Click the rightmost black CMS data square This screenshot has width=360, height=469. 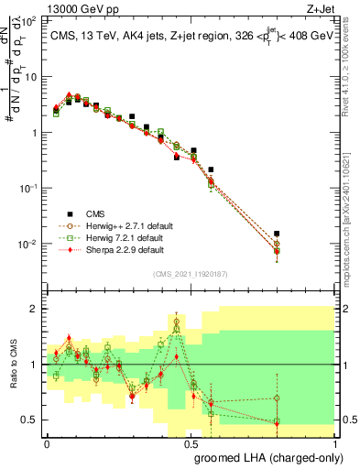coord(327,234)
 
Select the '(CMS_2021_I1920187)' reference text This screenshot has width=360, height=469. coord(191,274)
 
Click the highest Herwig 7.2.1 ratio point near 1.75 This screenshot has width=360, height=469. coord(177,323)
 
